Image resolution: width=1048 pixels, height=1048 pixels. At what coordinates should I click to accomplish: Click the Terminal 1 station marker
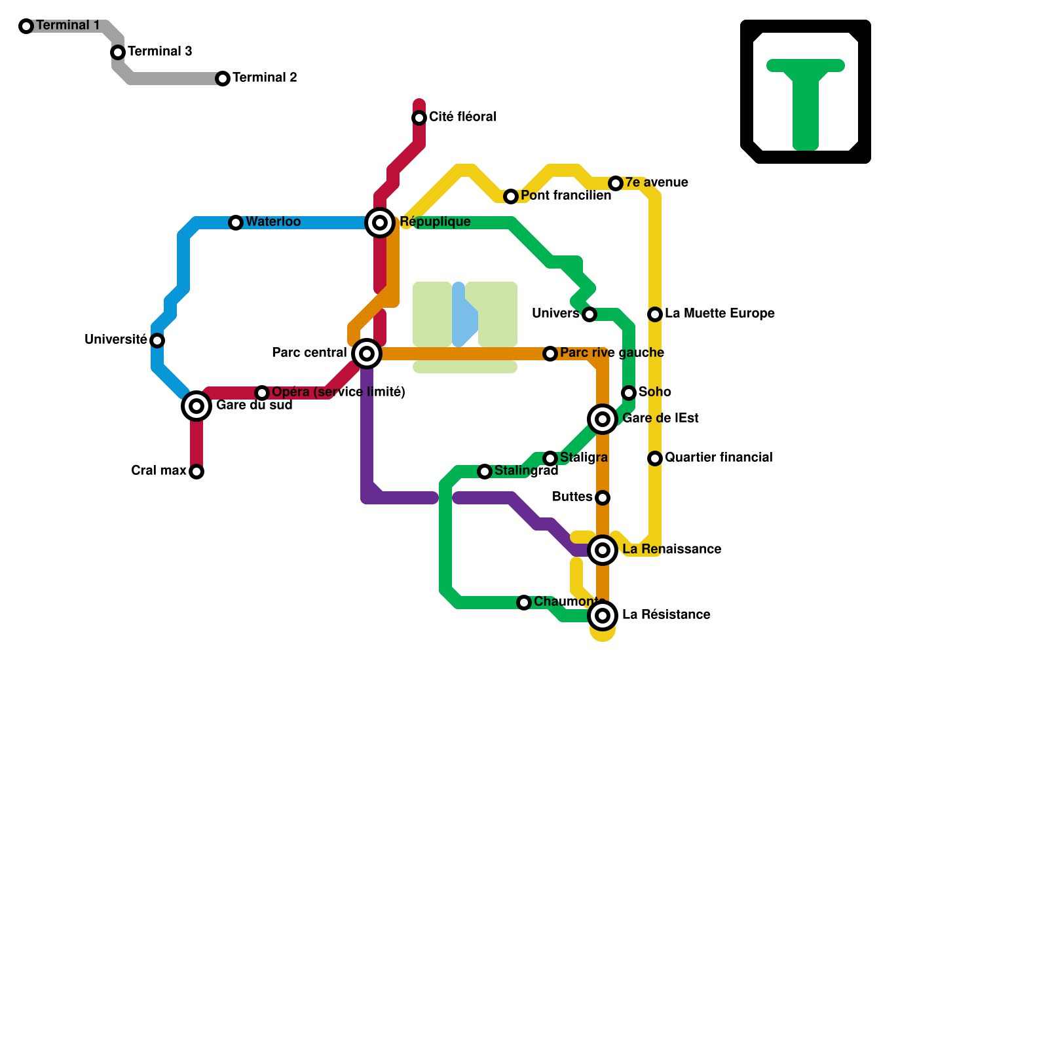pos(26,26)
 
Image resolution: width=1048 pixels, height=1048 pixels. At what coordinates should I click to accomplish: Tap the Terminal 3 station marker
pos(118,52)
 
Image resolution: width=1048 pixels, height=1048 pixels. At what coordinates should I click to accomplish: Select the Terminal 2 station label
pos(265,78)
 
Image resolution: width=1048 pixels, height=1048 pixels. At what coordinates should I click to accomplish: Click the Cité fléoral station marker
pos(419,118)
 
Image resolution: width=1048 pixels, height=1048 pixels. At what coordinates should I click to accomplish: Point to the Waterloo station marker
pos(236,223)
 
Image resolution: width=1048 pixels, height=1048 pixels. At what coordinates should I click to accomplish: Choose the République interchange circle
pos(380,223)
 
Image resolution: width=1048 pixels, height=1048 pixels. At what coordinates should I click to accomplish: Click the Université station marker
pos(157,341)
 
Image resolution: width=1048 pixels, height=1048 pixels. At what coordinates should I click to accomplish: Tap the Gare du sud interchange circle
pos(196,406)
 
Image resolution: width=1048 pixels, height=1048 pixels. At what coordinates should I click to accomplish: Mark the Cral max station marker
pos(196,472)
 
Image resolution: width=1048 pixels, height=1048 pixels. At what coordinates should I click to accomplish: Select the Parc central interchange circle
pos(367,354)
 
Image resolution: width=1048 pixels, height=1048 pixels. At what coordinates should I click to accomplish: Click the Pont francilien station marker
pos(511,196)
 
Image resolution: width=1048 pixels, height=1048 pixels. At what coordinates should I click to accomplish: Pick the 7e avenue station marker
pos(616,183)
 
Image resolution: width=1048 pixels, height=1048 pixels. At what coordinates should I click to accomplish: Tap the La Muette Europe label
pos(719,314)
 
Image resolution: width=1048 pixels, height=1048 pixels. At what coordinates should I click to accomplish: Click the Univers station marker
pos(589,314)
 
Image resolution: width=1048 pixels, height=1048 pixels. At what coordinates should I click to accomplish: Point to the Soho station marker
pos(629,393)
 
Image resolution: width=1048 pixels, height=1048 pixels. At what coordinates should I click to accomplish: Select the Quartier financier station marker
pos(655,458)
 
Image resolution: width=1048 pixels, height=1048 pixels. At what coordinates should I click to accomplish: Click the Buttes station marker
pos(603,498)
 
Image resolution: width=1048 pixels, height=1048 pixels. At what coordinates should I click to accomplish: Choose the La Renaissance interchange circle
pos(603,550)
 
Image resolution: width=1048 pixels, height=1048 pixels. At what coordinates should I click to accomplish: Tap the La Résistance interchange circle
pos(603,616)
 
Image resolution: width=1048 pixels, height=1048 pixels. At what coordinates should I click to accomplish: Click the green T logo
pos(806,98)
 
